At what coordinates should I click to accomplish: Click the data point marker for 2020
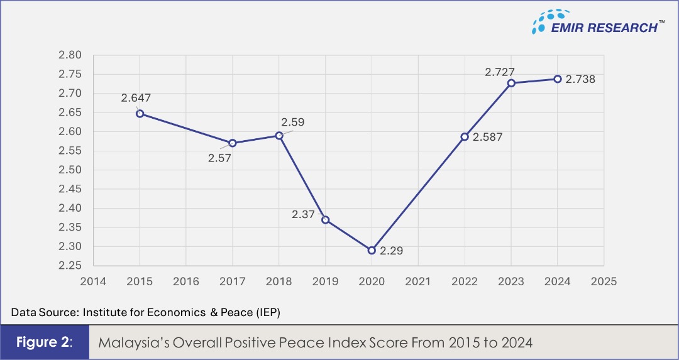pyautogui.click(x=372, y=250)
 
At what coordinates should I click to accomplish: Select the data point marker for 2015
pyautogui.click(x=140, y=114)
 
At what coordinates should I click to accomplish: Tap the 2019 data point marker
pyautogui.click(x=325, y=220)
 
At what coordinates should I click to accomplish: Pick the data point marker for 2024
pyautogui.click(x=557, y=79)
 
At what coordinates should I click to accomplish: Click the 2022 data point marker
pyautogui.click(x=465, y=136)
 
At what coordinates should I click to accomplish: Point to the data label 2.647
pyautogui.click(x=136, y=97)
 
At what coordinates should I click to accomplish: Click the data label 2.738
pyautogui.click(x=580, y=80)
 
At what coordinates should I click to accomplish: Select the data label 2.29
pyautogui.click(x=390, y=251)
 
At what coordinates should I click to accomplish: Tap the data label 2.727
pyautogui.click(x=500, y=72)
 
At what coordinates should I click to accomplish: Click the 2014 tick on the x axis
pyautogui.click(x=93, y=281)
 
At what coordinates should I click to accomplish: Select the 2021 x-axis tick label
pyautogui.click(x=418, y=281)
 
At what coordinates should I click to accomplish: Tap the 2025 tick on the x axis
pyautogui.click(x=604, y=281)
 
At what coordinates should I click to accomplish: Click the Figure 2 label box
pyautogui.click(x=45, y=343)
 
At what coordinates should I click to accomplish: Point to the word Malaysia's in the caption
pyautogui.click(x=130, y=343)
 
